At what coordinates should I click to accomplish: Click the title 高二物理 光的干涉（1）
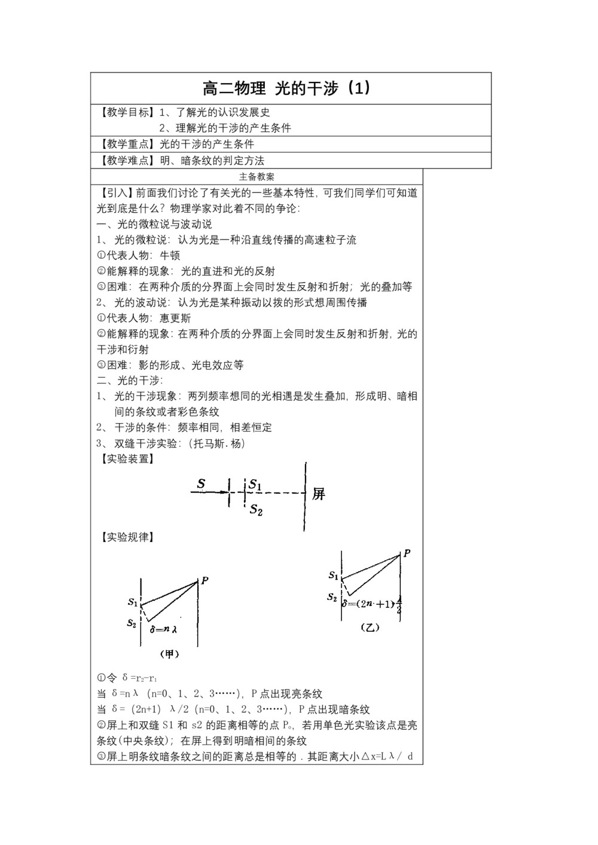pos(287,88)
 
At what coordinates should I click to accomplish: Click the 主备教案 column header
pos(257,177)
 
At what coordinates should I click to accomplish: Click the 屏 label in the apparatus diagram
pos(319,494)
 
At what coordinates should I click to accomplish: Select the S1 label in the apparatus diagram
pos(255,485)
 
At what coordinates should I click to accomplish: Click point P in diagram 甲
pos(205,580)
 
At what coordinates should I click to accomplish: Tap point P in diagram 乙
pos(407,553)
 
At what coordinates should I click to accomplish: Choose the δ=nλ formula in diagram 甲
pos(166,629)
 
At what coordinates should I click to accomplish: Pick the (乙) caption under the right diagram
pos(370,627)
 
